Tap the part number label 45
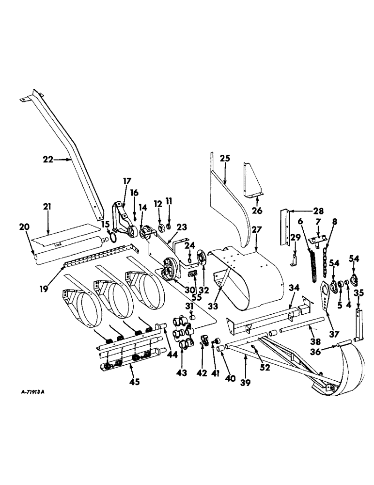[x=134, y=381]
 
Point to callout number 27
[x=256, y=230]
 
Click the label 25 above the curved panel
[x=225, y=158]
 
